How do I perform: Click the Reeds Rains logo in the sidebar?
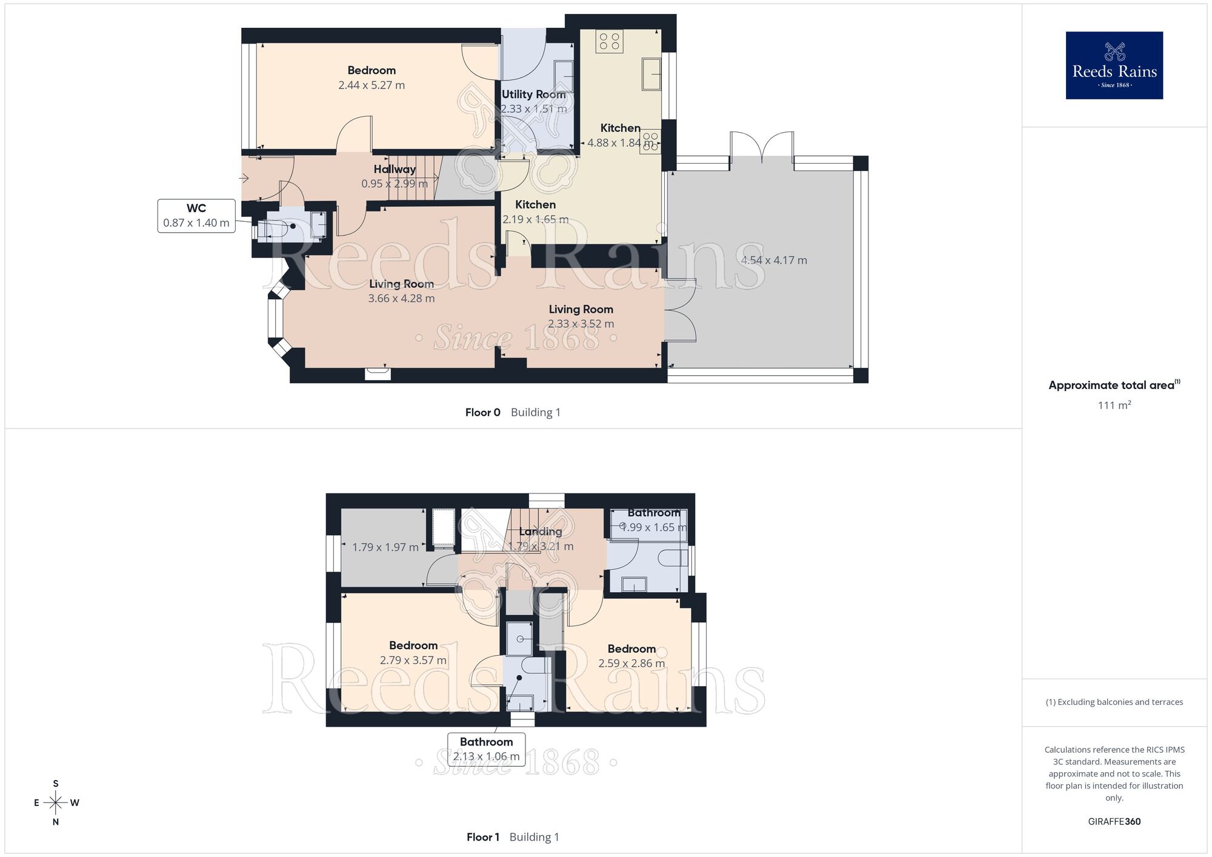click(x=1114, y=65)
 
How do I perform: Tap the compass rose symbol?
click(x=56, y=803)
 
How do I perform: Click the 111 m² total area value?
click(x=1114, y=405)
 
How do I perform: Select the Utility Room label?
click(x=533, y=95)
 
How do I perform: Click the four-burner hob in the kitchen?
click(x=609, y=41)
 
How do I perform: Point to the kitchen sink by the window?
click(x=651, y=74)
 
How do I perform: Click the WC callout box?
click(x=196, y=215)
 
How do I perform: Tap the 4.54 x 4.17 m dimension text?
click(x=774, y=261)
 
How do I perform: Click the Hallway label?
click(x=395, y=169)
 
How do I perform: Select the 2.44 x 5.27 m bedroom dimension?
click(x=371, y=85)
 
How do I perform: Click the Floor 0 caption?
click(x=482, y=413)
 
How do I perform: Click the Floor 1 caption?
click(x=482, y=838)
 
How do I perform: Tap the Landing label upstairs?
click(x=541, y=532)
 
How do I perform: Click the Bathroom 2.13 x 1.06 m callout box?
click(x=486, y=749)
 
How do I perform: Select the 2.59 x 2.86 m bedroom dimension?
click(x=631, y=664)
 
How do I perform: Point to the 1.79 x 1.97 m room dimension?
click(x=385, y=547)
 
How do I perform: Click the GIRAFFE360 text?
click(x=1114, y=822)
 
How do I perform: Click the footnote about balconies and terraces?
click(x=1114, y=702)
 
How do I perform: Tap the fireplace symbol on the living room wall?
click(x=378, y=373)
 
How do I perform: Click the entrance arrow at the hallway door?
click(x=244, y=178)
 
